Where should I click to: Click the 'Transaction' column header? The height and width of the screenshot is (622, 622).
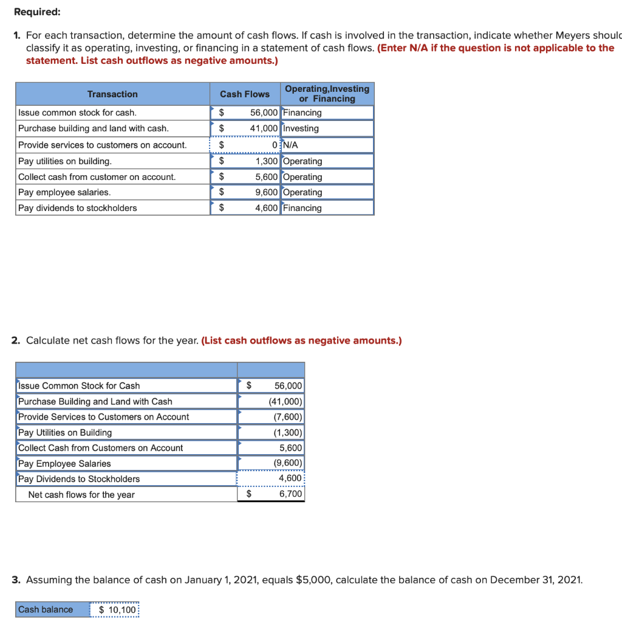coord(112,94)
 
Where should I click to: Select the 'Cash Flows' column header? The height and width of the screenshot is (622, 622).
coord(244,94)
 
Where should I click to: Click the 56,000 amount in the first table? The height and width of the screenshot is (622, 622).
coord(264,113)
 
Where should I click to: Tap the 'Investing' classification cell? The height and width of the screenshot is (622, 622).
coord(301,129)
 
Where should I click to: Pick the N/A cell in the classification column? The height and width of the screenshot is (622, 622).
coord(291,145)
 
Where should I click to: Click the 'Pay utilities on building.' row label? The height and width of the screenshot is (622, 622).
coord(65,161)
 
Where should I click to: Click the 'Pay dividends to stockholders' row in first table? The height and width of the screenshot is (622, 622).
coord(78,209)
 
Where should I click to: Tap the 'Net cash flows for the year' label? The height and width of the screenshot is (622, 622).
coord(81,495)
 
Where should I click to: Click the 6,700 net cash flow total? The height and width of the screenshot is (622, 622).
coord(290,494)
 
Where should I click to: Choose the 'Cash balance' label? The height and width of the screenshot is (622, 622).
coord(46,610)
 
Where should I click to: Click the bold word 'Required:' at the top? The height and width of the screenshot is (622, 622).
coord(37,12)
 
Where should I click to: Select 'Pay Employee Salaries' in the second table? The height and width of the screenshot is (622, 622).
coord(65,464)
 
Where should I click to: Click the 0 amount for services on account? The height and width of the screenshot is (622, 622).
coord(276,145)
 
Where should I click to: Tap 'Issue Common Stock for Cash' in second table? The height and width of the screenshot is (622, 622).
coord(79,386)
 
